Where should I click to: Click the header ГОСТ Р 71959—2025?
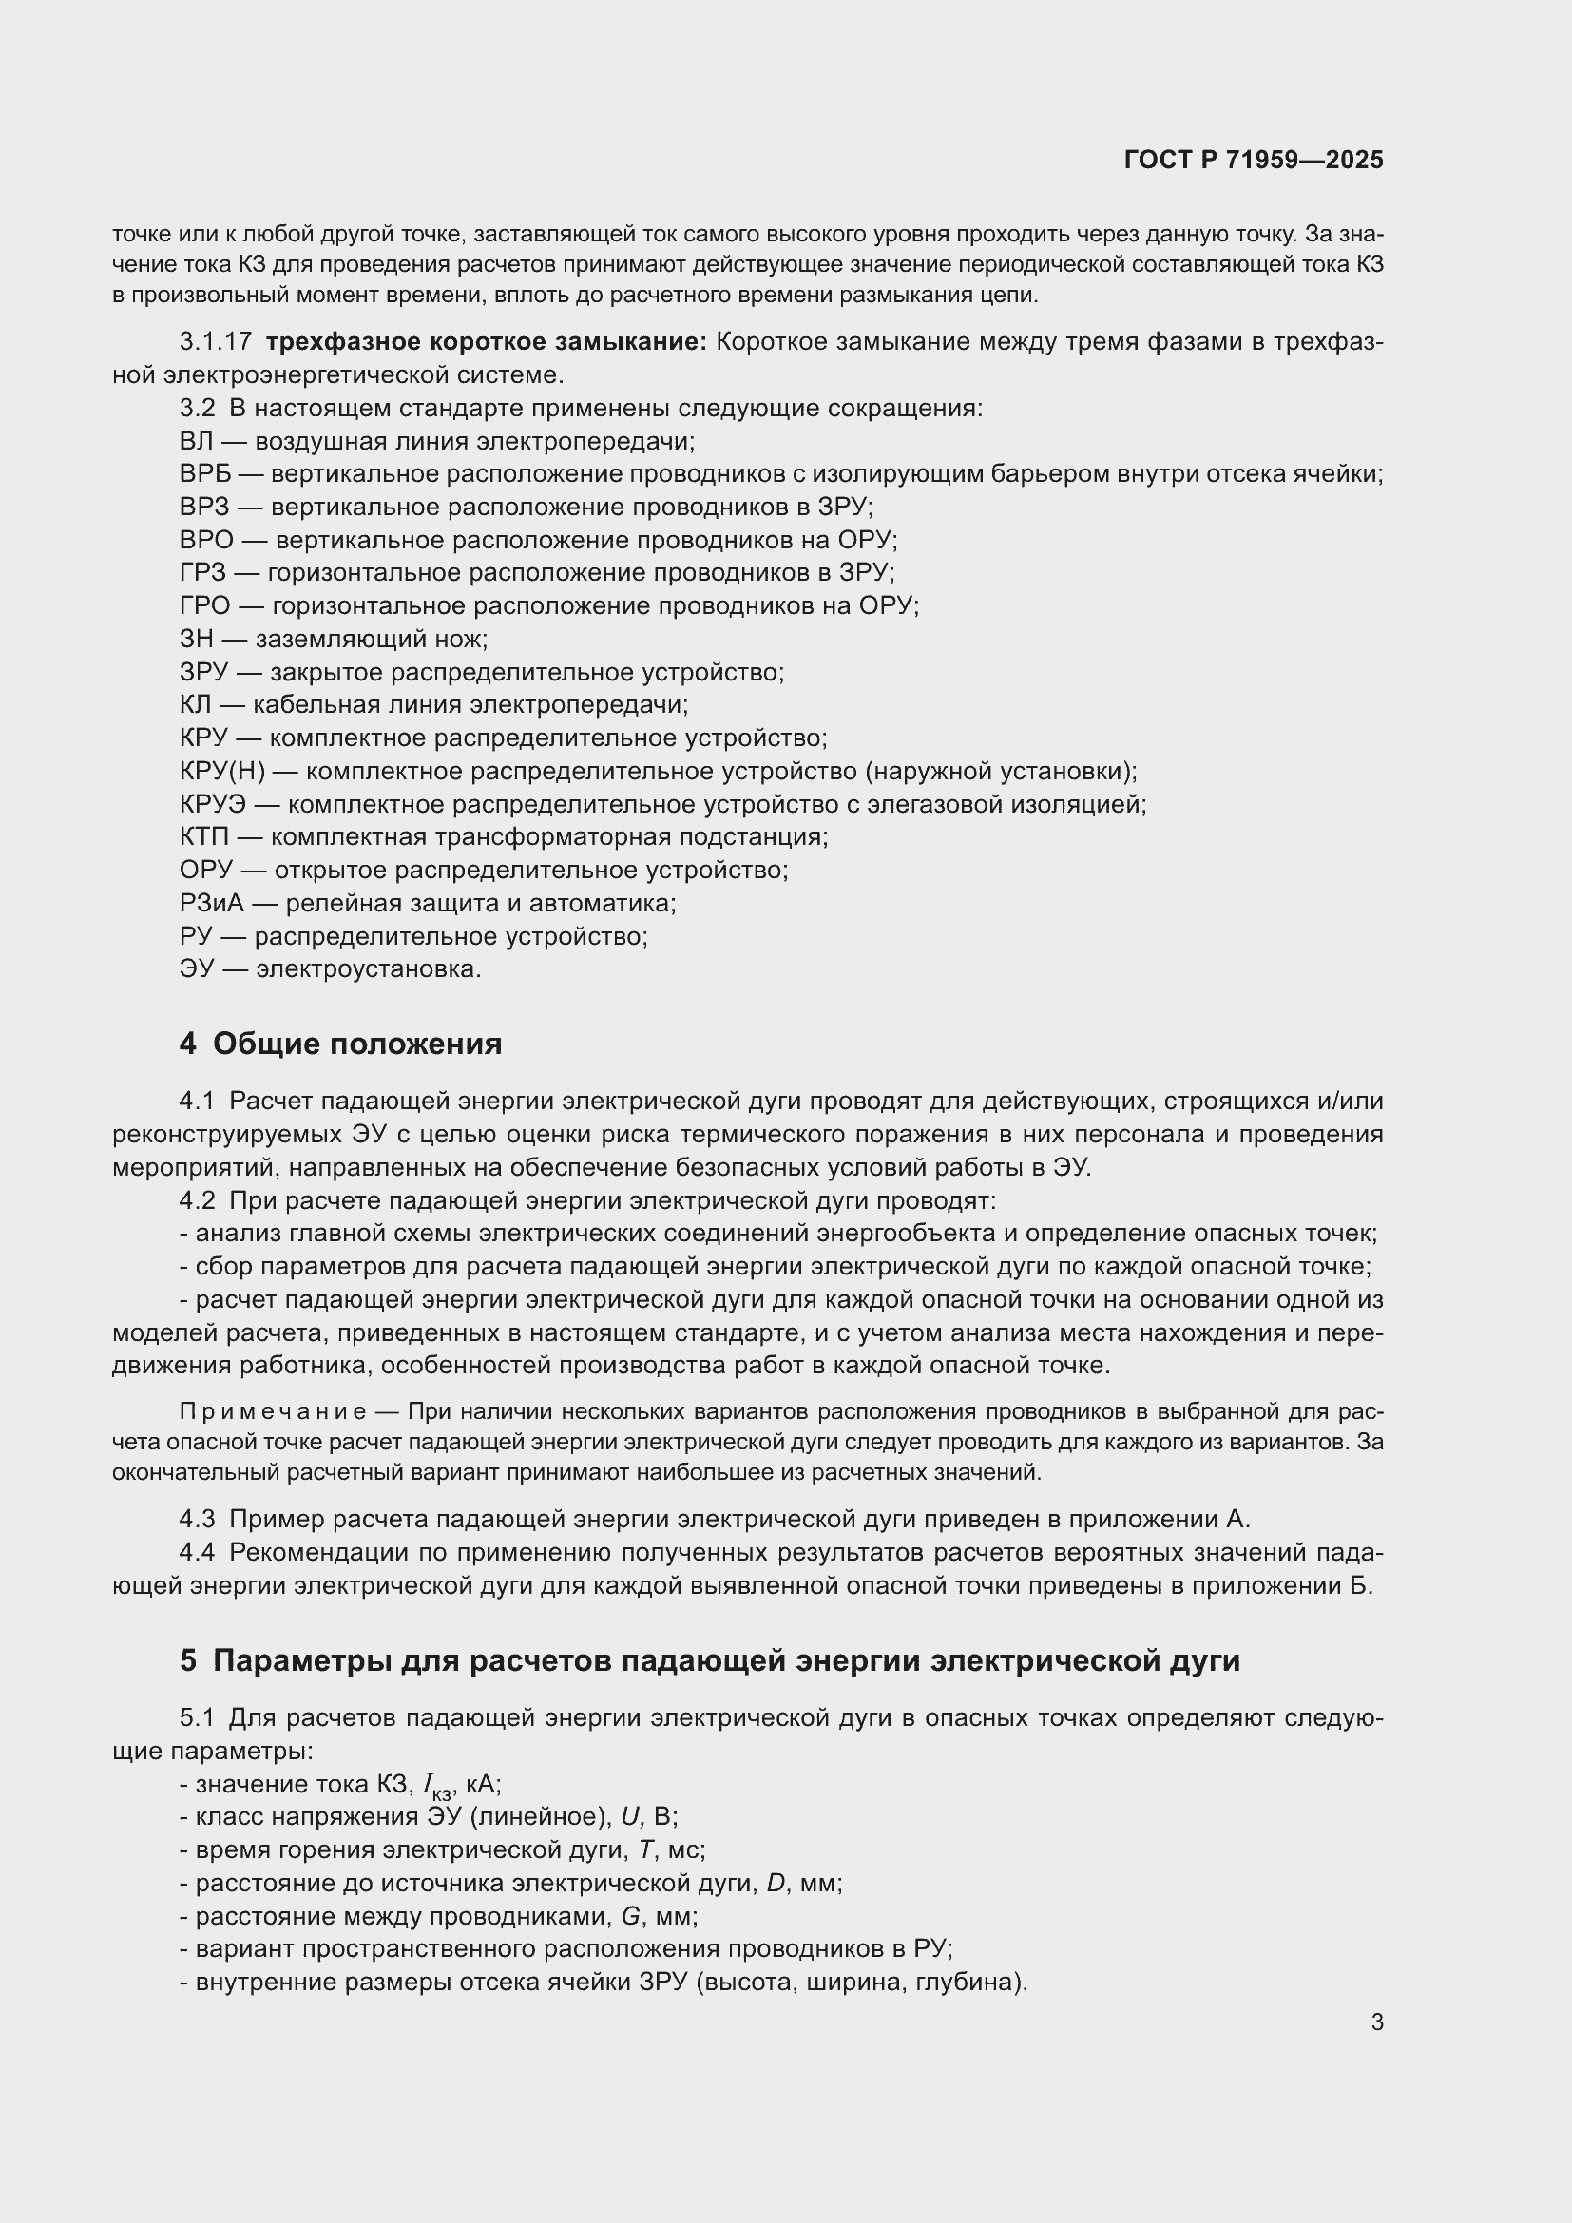(x=1254, y=161)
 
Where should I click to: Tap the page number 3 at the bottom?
(x=1376, y=2022)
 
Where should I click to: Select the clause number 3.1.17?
(x=216, y=342)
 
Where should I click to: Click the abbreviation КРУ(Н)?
(x=222, y=772)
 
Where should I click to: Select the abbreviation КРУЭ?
(x=213, y=805)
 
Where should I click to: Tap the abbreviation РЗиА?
(x=211, y=903)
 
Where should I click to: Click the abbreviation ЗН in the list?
(x=197, y=639)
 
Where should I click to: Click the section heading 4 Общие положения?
(x=341, y=1044)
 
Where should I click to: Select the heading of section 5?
(x=710, y=1661)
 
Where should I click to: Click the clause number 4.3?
(x=198, y=1519)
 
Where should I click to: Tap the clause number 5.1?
(x=197, y=1718)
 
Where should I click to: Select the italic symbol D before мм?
(x=776, y=1883)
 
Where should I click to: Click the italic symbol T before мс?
(x=646, y=1850)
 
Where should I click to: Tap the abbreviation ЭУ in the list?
(x=196, y=969)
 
